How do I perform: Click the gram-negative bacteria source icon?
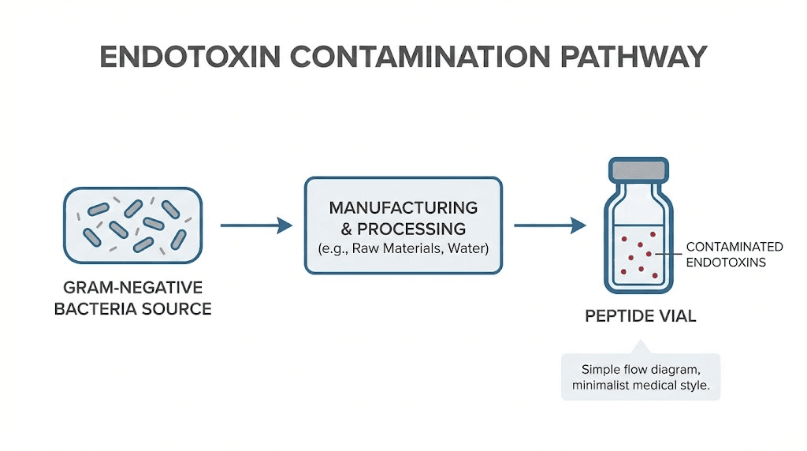click(x=132, y=225)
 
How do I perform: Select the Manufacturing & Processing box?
click(x=403, y=225)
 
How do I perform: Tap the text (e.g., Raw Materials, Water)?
click(x=403, y=249)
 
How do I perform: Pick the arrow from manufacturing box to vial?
click(x=549, y=226)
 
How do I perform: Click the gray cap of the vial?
click(x=640, y=169)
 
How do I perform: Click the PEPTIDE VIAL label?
click(x=640, y=316)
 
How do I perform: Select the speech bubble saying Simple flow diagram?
click(x=640, y=377)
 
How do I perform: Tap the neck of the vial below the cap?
click(x=640, y=189)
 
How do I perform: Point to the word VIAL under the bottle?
click(x=676, y=316)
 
